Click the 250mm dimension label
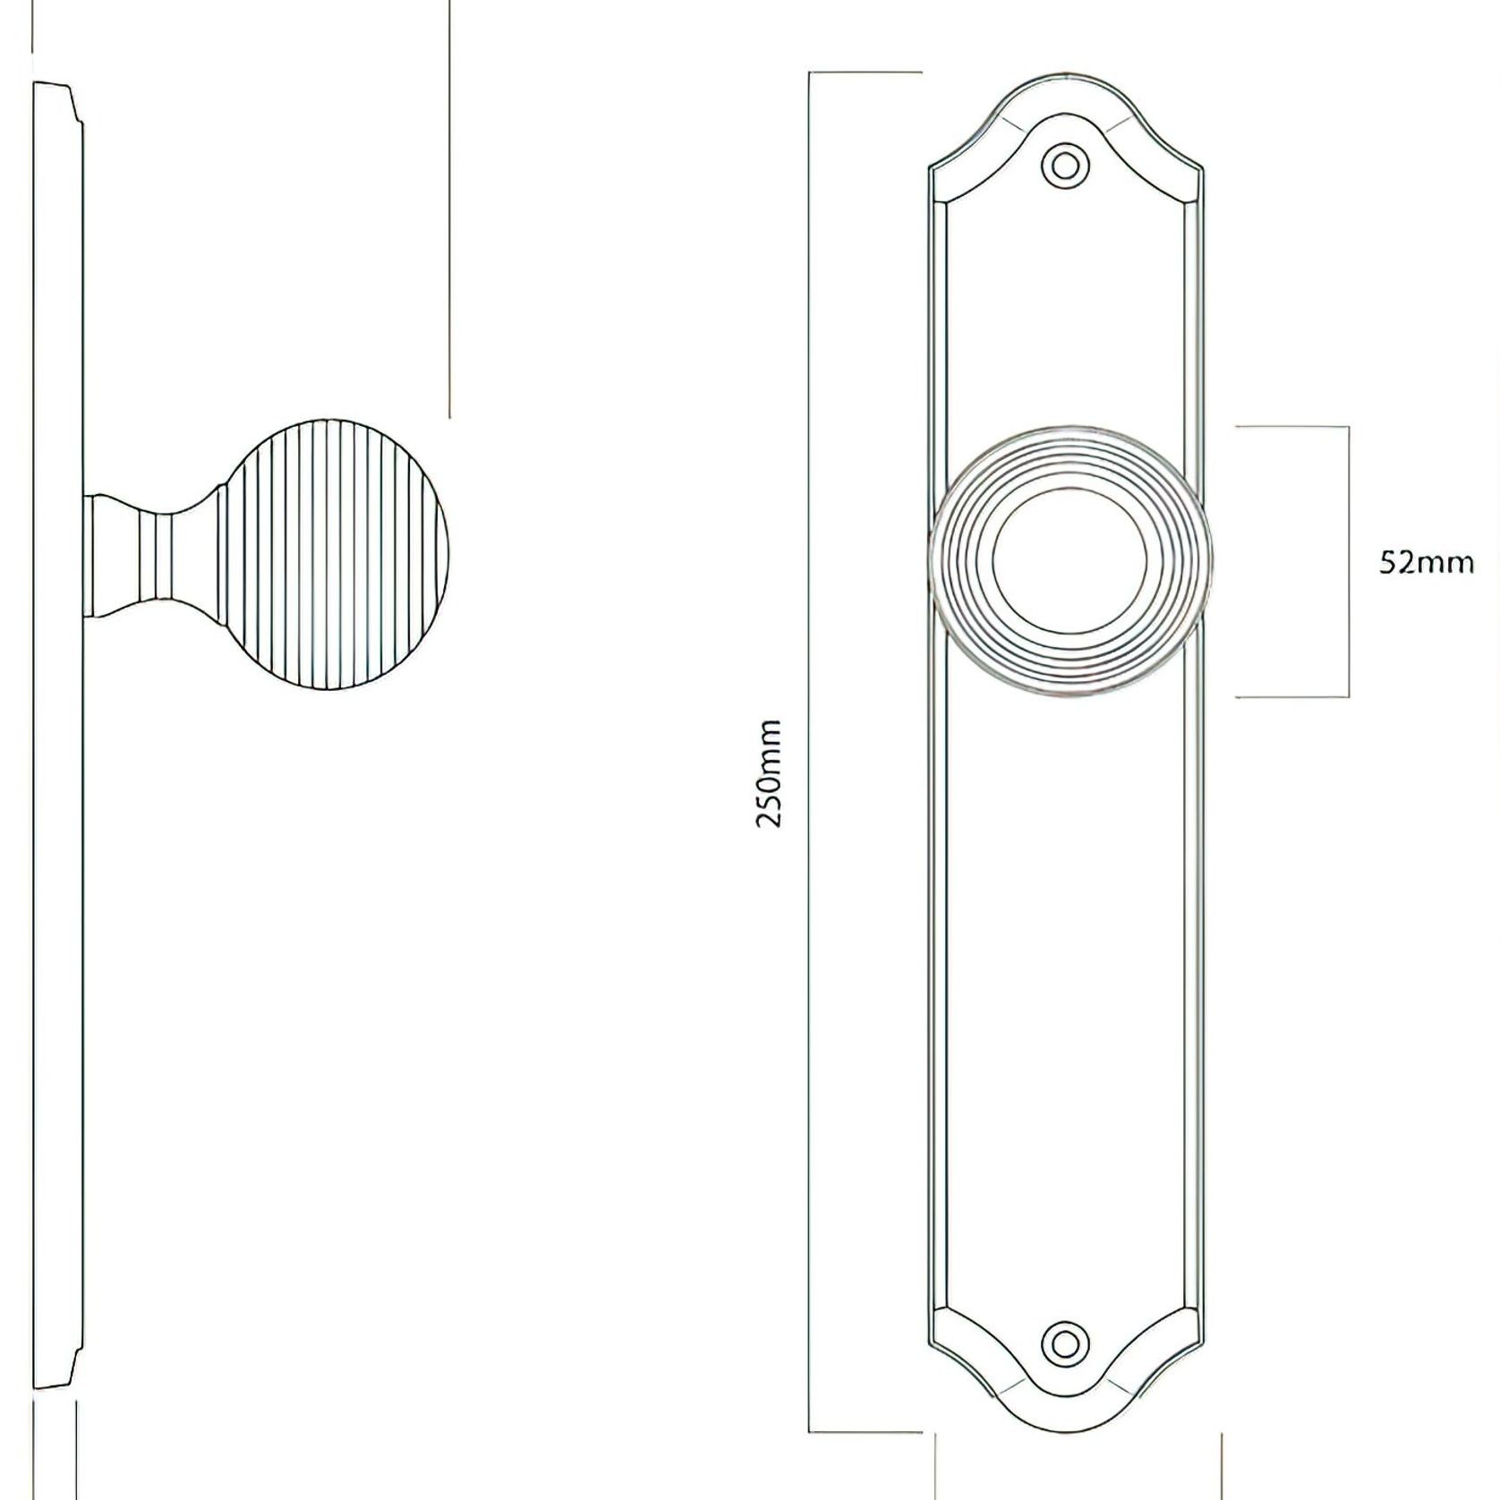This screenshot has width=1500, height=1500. coord(769,773)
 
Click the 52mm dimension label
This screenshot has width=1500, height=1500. coord(1426,563)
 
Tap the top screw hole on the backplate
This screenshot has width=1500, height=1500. coord(1064,166)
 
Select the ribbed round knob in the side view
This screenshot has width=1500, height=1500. coord(336,556)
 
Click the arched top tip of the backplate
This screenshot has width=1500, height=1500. coord(1064,73)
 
